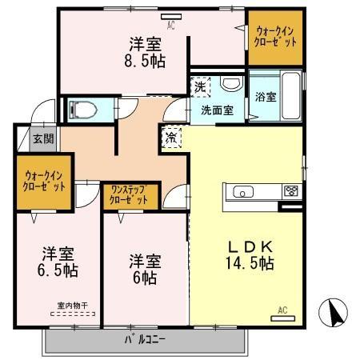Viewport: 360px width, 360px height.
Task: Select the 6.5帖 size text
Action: tap(59, 270)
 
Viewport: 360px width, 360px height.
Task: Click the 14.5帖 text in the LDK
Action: tap(249, 262)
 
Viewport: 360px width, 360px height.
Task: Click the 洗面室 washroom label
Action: tap(216, 111)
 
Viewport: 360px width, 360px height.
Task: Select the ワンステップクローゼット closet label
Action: tap(130, 195)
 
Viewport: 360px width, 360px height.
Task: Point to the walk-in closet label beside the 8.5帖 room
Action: tap(274, 37)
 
